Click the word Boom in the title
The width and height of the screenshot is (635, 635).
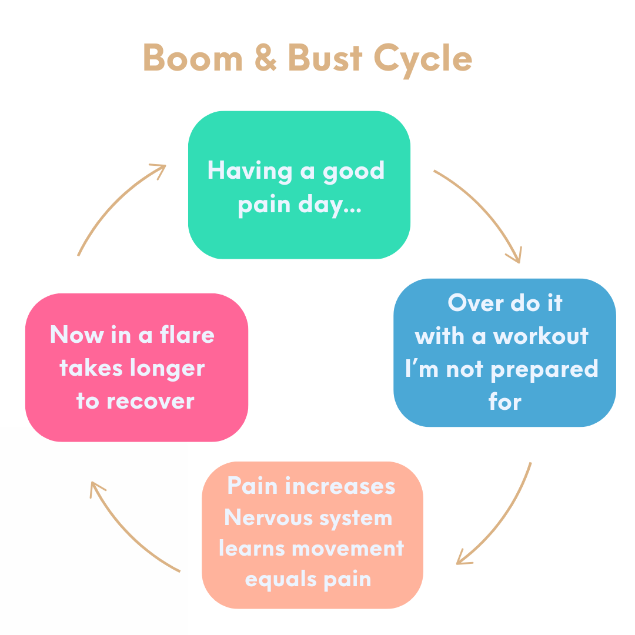tap(192, 58)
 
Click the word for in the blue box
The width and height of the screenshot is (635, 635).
tap(505, 402)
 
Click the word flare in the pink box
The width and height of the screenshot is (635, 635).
tap(188, 335)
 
